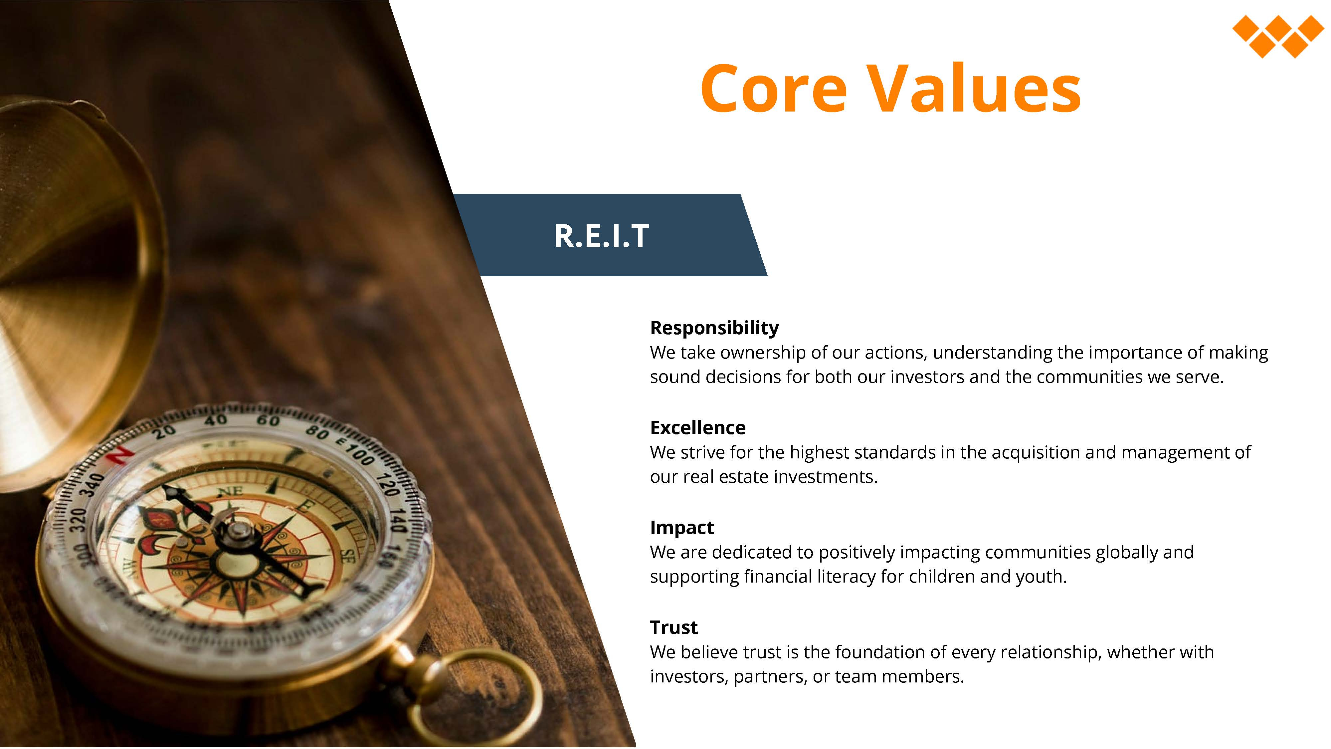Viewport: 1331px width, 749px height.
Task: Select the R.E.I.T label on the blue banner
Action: (601, 236)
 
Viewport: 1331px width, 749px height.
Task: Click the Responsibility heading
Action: (714, 328)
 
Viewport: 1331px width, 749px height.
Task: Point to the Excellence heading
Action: (697, 427)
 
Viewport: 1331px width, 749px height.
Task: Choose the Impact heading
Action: (681, 528)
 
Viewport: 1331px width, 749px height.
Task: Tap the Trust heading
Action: (674, 627)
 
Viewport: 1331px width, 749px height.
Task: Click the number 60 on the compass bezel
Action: (268, 420)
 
